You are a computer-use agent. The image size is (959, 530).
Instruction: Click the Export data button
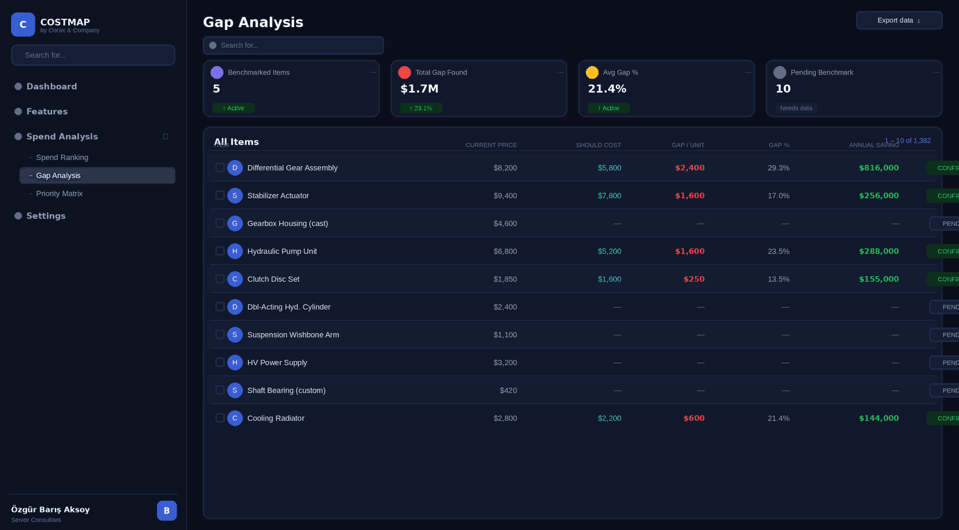(899, 20)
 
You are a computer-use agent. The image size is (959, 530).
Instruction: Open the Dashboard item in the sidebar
(51, 86)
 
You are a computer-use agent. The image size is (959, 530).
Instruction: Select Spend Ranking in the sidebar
(62, 157)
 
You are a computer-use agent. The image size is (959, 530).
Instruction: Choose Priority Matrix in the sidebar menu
(59, 193)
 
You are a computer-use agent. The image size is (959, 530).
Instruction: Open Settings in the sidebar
(46, 216)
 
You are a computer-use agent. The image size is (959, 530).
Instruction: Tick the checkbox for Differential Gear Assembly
(220, 168)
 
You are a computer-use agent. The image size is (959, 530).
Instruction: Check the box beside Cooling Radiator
(220, 418)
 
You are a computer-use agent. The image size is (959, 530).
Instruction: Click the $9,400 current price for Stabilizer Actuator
(505, 195)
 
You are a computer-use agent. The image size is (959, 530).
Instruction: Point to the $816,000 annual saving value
(878, 168)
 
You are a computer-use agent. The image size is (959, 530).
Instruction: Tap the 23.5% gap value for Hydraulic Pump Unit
(778, 251)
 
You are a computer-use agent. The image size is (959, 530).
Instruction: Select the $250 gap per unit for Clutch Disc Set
(694, 279)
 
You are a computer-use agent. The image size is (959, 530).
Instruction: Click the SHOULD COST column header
(598, 145)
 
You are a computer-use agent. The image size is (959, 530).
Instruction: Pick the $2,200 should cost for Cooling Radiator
(609, 418)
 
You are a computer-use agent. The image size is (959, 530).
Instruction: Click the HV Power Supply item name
(277, 362)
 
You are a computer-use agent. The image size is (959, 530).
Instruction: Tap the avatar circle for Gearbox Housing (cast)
(235, 223)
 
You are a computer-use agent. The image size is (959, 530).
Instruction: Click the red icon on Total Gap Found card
(404, 72)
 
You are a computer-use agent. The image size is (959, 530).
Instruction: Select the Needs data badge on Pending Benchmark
(796, 108)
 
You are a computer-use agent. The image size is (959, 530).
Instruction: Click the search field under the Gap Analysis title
(293, 45)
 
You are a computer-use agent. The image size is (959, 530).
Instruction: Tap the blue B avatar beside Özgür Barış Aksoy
(167, 511)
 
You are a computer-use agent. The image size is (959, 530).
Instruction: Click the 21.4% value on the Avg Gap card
(607, 88)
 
